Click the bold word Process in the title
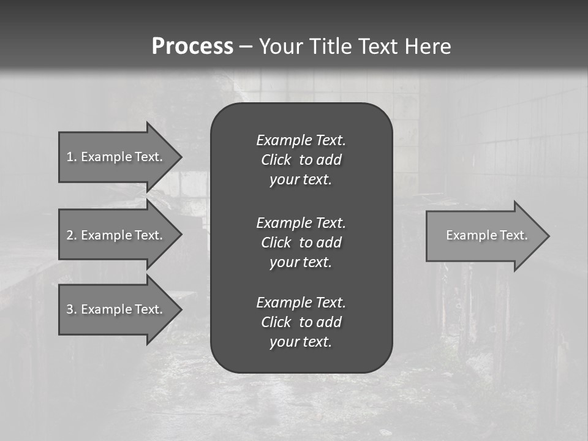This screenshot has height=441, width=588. (192, 47)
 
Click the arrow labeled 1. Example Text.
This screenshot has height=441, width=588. (116, 157)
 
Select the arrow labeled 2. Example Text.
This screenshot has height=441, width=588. (116, 235)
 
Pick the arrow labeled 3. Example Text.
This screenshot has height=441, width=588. (116, 309)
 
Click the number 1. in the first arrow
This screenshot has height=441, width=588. (72, 157)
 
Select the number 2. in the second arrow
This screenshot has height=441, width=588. (72, 235)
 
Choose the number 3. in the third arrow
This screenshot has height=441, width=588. (72, 309)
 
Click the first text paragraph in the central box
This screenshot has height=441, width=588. (301, 160)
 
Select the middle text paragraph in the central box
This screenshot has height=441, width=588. (301, 243)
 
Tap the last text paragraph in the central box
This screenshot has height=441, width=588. (301, 322)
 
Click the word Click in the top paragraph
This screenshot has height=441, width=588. (276, 160)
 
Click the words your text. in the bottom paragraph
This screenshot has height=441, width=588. (301, 342)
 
